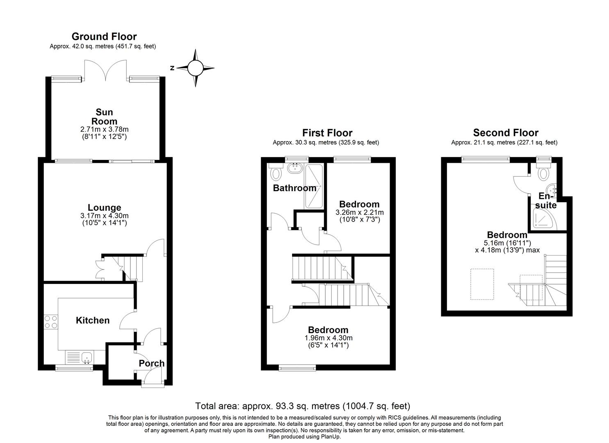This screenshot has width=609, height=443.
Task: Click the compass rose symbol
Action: pos(196,68)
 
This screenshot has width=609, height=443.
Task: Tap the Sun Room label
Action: pos(104,117)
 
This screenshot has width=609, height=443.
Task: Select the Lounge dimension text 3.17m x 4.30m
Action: pos(104,216)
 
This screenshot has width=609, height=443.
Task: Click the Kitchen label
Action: pos(93,320)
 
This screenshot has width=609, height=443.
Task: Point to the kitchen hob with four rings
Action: pos(51,321)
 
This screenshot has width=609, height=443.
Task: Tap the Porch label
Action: pos(151,363)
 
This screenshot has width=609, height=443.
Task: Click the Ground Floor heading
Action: pos(104,37)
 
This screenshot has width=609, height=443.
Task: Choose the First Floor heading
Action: pos(327,132)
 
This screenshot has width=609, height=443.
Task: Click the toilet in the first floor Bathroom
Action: pos(275,173)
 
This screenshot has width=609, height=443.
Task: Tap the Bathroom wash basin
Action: pos(294,168)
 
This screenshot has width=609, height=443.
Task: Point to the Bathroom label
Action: pos(294,188)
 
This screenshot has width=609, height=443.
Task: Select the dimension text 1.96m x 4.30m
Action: pos(328,338)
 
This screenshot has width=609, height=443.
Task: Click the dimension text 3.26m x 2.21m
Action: pos(359,212)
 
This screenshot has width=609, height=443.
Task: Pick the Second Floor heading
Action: pos(505,132)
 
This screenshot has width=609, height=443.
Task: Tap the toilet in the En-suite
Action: pos(544,173)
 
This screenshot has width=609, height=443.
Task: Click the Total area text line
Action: pos(303,406)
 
